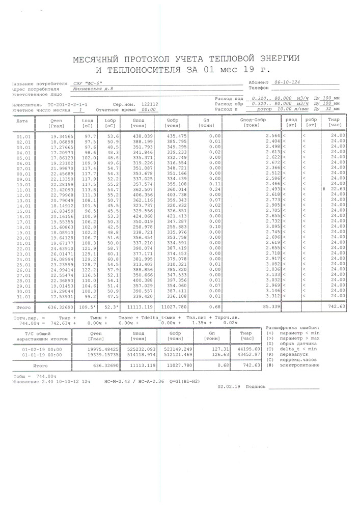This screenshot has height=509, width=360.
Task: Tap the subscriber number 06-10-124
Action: pyautogui.click(x=287, y=81)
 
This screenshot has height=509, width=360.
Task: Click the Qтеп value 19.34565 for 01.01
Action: pyautogui.click(x=62, y=136)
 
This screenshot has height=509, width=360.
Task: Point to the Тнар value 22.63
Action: pyautogui.click(x=338, y=189)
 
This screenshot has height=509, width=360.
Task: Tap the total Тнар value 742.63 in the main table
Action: pyautogui.click(x=337, y=307)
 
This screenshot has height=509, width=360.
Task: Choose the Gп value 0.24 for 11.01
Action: pyautogui.click(x=214, y=189)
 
